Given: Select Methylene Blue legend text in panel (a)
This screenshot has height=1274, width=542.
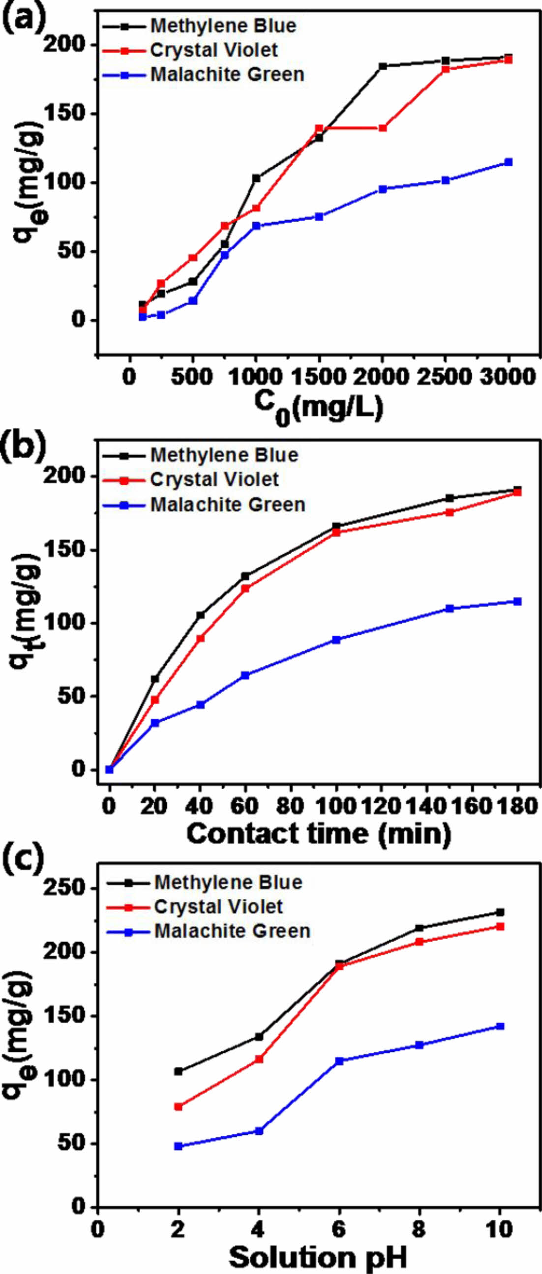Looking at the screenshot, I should click(223, 26).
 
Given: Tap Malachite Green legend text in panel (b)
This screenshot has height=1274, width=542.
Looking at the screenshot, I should click(228, 504).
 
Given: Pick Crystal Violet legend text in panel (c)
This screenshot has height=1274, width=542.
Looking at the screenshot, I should click(218, 907).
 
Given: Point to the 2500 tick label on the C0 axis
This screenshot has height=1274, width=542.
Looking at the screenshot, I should click(443, 377).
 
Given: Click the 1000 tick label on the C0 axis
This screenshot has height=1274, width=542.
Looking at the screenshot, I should click(255, 377).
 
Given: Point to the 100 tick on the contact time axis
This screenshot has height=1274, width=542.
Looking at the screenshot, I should click(336, 806).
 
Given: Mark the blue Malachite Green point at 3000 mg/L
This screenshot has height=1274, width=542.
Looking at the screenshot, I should click(508, 162).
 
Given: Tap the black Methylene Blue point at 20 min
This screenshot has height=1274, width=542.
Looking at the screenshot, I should click(155, 679).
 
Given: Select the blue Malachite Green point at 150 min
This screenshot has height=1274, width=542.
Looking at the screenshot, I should click(450, 608).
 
